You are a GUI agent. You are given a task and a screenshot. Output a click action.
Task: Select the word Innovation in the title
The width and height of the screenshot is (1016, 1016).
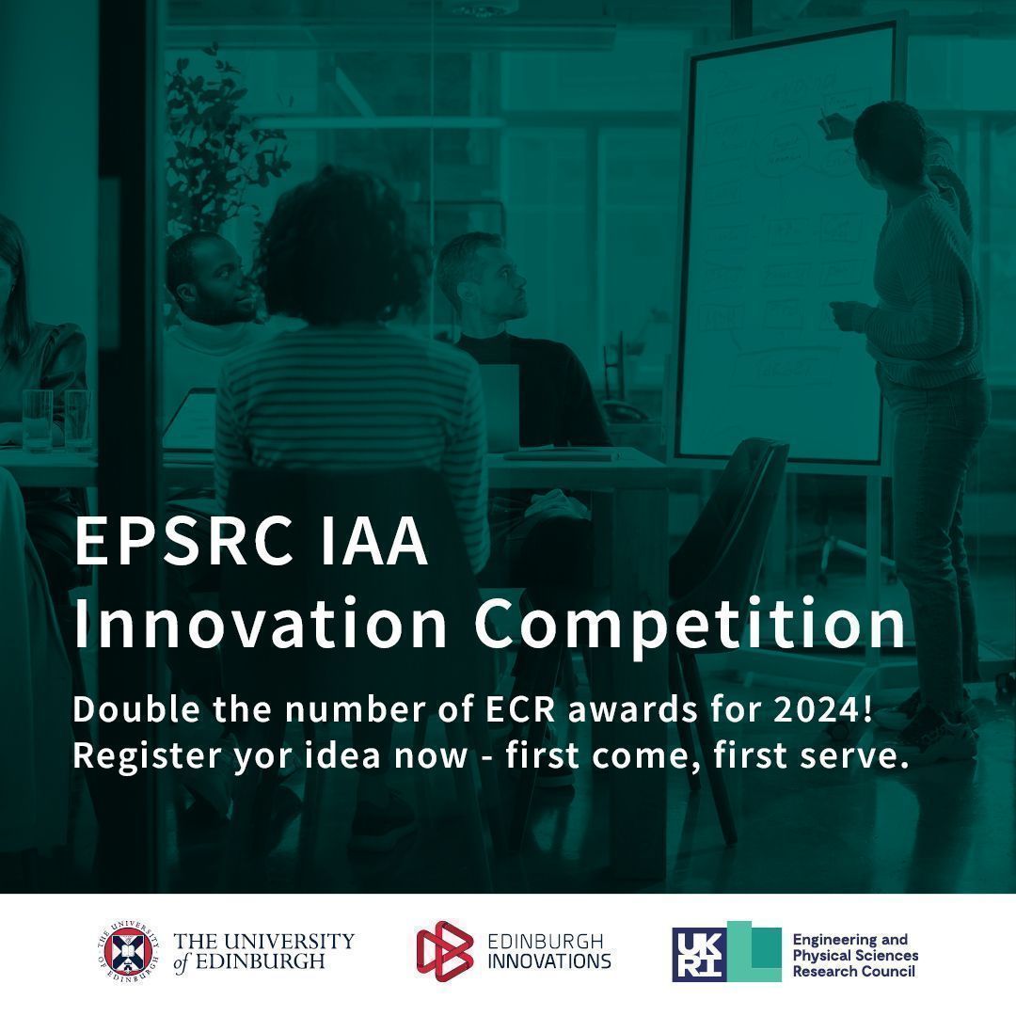(261, 623)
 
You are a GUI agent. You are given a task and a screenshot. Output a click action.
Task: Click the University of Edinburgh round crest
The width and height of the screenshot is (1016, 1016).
(128, 951)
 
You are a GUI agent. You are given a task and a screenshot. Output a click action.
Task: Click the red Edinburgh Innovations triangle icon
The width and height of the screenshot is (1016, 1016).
(444, 951)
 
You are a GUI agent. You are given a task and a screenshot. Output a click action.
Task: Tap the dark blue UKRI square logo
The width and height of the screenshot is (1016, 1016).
(698, 954)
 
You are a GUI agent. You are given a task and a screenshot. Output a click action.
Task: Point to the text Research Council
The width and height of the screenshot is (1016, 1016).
(854, 971)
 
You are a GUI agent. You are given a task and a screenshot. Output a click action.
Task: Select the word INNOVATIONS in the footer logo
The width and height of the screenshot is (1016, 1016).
(548, 960)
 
